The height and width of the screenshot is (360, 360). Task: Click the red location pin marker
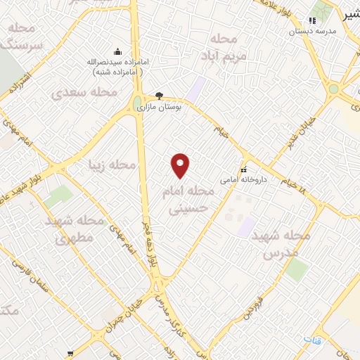[181, 166]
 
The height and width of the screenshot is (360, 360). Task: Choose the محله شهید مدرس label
[286, 244]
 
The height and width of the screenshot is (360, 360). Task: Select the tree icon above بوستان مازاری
[160, 96]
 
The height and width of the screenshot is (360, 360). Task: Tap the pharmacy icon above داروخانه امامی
[244, 170]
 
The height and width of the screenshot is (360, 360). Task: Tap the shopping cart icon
[70, 353]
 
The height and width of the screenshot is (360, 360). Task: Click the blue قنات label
[311, 339]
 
